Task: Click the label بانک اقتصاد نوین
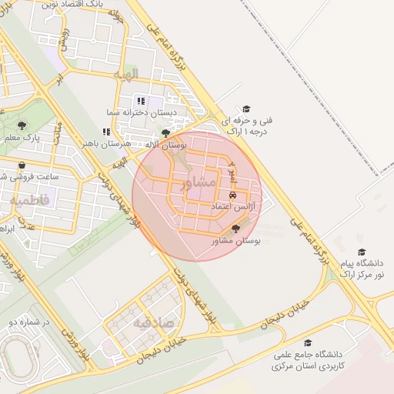click(x=67, y=5)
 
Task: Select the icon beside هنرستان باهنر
click(x=106, y=132)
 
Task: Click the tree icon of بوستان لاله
click(x=165, y=133)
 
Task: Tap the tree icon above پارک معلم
click(x=22, y=125)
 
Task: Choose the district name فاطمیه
click(x=28, y=200)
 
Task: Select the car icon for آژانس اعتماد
click(x=233, y=195)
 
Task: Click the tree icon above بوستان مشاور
click(x=235, y=229)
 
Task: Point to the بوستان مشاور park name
click(x=236, y=241)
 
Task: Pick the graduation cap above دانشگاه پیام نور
click(x=362, y=252)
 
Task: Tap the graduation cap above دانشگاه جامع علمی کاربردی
click(x=308, y=343)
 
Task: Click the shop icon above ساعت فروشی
click(x=22, y=165)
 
